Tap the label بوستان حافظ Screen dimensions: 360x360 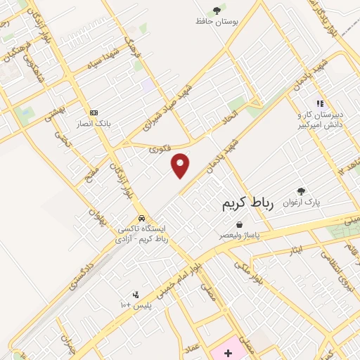pyautogui.click(x=217, y=21)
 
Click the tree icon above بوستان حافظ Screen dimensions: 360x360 pyautogui.click(x=217, y=10)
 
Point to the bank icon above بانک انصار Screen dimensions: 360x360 pyautogui.click(x=94, y=112)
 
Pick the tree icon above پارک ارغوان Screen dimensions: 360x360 pyautogui.click(x=302, y=191)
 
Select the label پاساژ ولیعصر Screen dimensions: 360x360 pyautogui.click(x=240, y=236)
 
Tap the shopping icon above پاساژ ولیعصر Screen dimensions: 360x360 pyautogui.click(x=240, y=225)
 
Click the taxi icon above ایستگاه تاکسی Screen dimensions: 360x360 pyautogui.click(x=142, y=218)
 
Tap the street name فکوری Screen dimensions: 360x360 pyautogui.click(x=160, y=149)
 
